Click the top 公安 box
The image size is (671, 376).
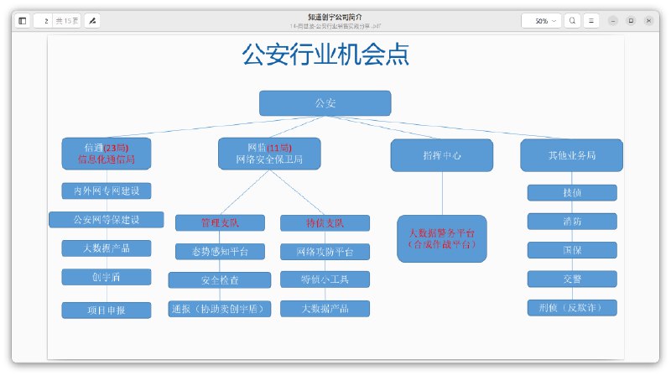325,103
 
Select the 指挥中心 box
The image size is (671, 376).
442,155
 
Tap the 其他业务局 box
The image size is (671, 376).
571,155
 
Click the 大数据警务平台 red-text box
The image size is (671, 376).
442,238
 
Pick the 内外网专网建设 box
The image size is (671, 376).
107,191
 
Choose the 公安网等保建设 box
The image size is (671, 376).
107,220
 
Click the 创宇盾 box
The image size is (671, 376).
107,277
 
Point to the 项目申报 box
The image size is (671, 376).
107,310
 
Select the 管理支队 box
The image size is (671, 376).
220,223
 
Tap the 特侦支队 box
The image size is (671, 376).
325,223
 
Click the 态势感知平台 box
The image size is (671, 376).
220,252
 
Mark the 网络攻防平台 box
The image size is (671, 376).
325,252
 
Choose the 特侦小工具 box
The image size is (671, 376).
325,279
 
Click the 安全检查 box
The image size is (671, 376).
220,280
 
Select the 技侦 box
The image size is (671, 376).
571,193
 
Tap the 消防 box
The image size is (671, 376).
571,222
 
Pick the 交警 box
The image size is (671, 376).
571,279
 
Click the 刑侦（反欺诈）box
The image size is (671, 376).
571,307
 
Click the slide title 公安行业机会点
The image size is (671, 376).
325,55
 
